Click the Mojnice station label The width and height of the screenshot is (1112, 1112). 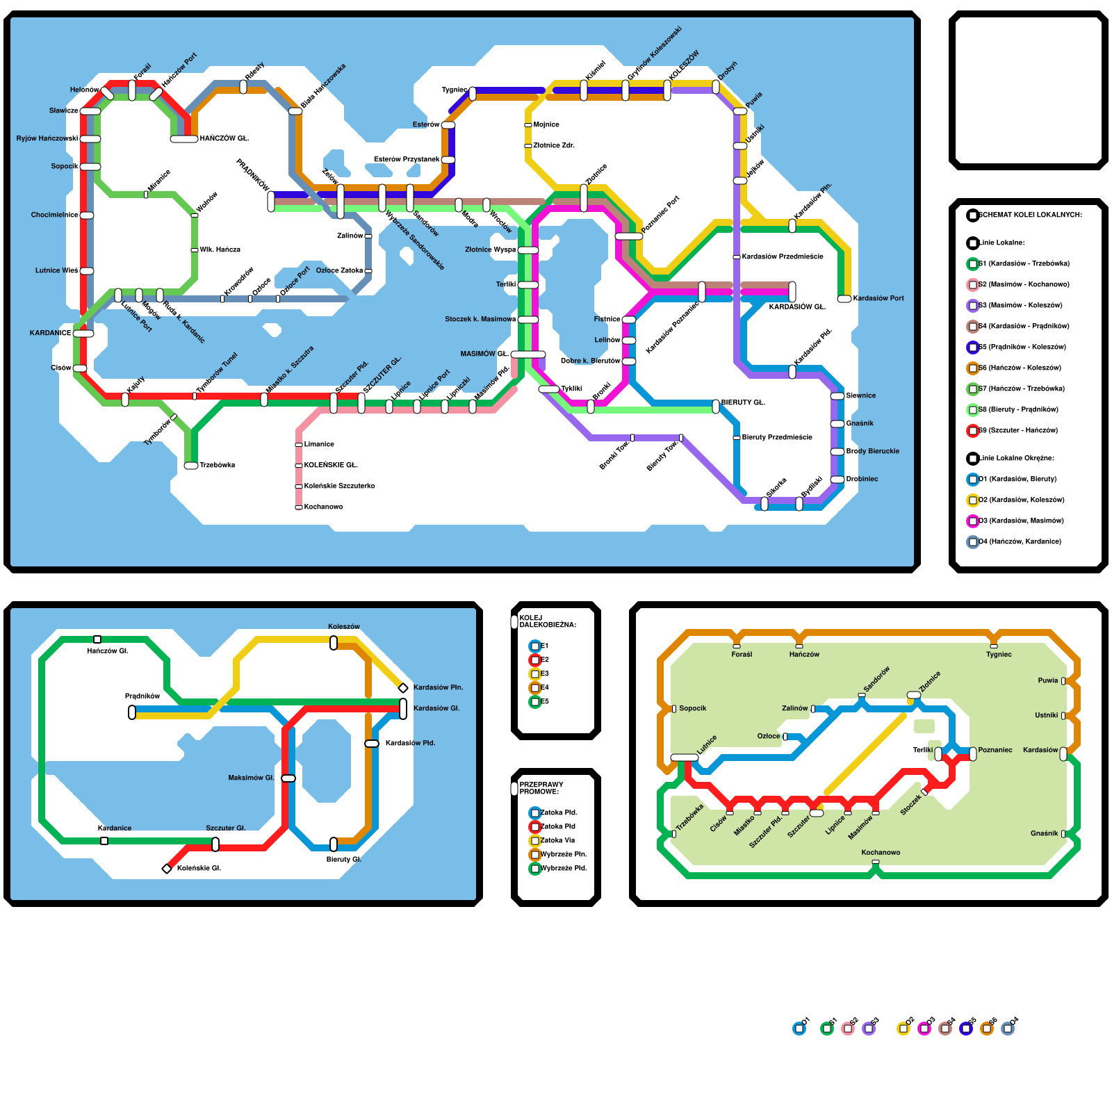[x=546, y=125]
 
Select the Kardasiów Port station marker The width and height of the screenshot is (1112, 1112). [x=844, y=299]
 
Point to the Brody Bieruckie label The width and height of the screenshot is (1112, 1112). [x=872, y=452]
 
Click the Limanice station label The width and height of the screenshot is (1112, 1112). [x=319, y=445]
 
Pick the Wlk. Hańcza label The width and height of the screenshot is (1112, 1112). [x=220, y=250]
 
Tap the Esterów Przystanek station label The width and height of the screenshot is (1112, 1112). [x=407, y=160]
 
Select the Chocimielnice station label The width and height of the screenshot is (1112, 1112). [x=54, y=215]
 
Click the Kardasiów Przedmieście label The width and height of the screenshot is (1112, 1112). [x=783, y=257]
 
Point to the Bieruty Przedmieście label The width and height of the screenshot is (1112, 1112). [x=777, y=438]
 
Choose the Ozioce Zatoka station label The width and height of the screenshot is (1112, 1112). [x=339, y=271]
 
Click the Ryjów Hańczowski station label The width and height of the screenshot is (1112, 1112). [x=47, y=139]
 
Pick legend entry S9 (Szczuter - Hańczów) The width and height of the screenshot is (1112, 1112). [x=1018, y=431]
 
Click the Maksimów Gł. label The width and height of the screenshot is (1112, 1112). [x=251, y=778]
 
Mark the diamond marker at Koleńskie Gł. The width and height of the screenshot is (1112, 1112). [x=167, y=869]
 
